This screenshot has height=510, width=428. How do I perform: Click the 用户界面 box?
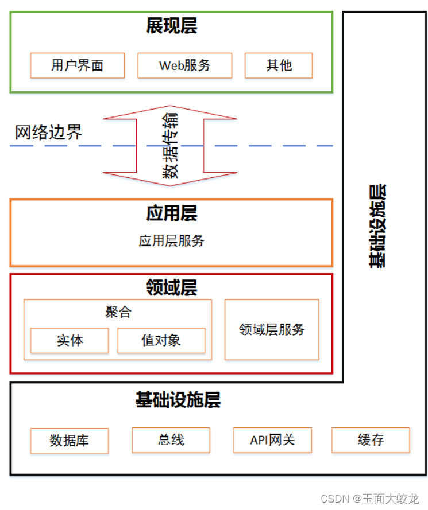pyautogui.click(x=78, y=65)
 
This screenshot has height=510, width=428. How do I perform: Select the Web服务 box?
pyautogui.click(x=184, y=65)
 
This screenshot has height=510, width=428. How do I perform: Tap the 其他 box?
pyautogui.click(x=279, y=65)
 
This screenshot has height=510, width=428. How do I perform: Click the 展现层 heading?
pyautogui.click(x=172, y=26)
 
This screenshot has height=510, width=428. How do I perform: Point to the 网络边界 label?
pyautogui.click(x=48, y=132)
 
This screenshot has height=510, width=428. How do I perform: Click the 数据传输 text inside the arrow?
pyautogui.click(x=170, y=145)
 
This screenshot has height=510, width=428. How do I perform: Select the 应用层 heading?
pyautogui.click(x=172, y=213)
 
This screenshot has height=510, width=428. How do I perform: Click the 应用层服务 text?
pyautogui.click(x=171, y=241)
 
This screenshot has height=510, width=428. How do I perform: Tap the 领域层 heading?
pyautogui.click(x=172, y=287)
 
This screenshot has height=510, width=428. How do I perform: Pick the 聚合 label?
pyautogui.click(x=118, y=312)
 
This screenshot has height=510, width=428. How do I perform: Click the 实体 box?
pyautogui.click(x=70, y=341)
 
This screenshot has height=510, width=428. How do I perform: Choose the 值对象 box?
pyautogui.click(x=161, y=341)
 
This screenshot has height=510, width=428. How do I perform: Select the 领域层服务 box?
pyautogui.click(x=272, y=329)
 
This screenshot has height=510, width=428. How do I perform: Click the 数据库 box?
pyautogui.click(x=70, y=441)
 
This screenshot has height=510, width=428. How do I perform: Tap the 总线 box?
pyautogui.click(x=171, y=440)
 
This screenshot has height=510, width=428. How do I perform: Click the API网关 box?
pyautogui.click(x=273, y=440)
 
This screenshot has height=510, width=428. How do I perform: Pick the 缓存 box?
pyautogui.click(x=371, y=440)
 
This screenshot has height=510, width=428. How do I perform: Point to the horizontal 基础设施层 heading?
pyautogui.click(x=178, y=400)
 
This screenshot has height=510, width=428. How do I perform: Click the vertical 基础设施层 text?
pyautogui.click(x=377, y=227)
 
